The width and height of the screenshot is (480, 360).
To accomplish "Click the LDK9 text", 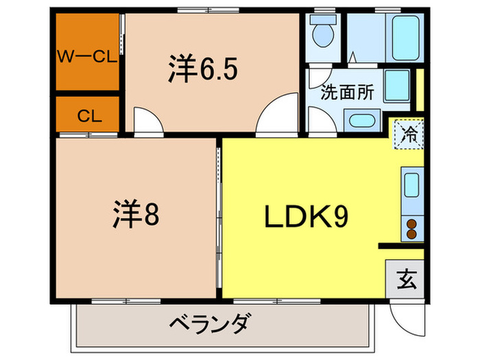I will click(x=307, y=217).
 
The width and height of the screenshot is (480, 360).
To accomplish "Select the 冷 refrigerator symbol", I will click(x=409, y=132).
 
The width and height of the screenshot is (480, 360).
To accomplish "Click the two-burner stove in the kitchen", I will click(x=412, y=228).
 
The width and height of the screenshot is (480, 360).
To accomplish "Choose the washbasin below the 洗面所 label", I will click(x=359, y=121).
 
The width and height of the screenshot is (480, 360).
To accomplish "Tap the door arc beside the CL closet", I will click(x=147, y=120).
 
